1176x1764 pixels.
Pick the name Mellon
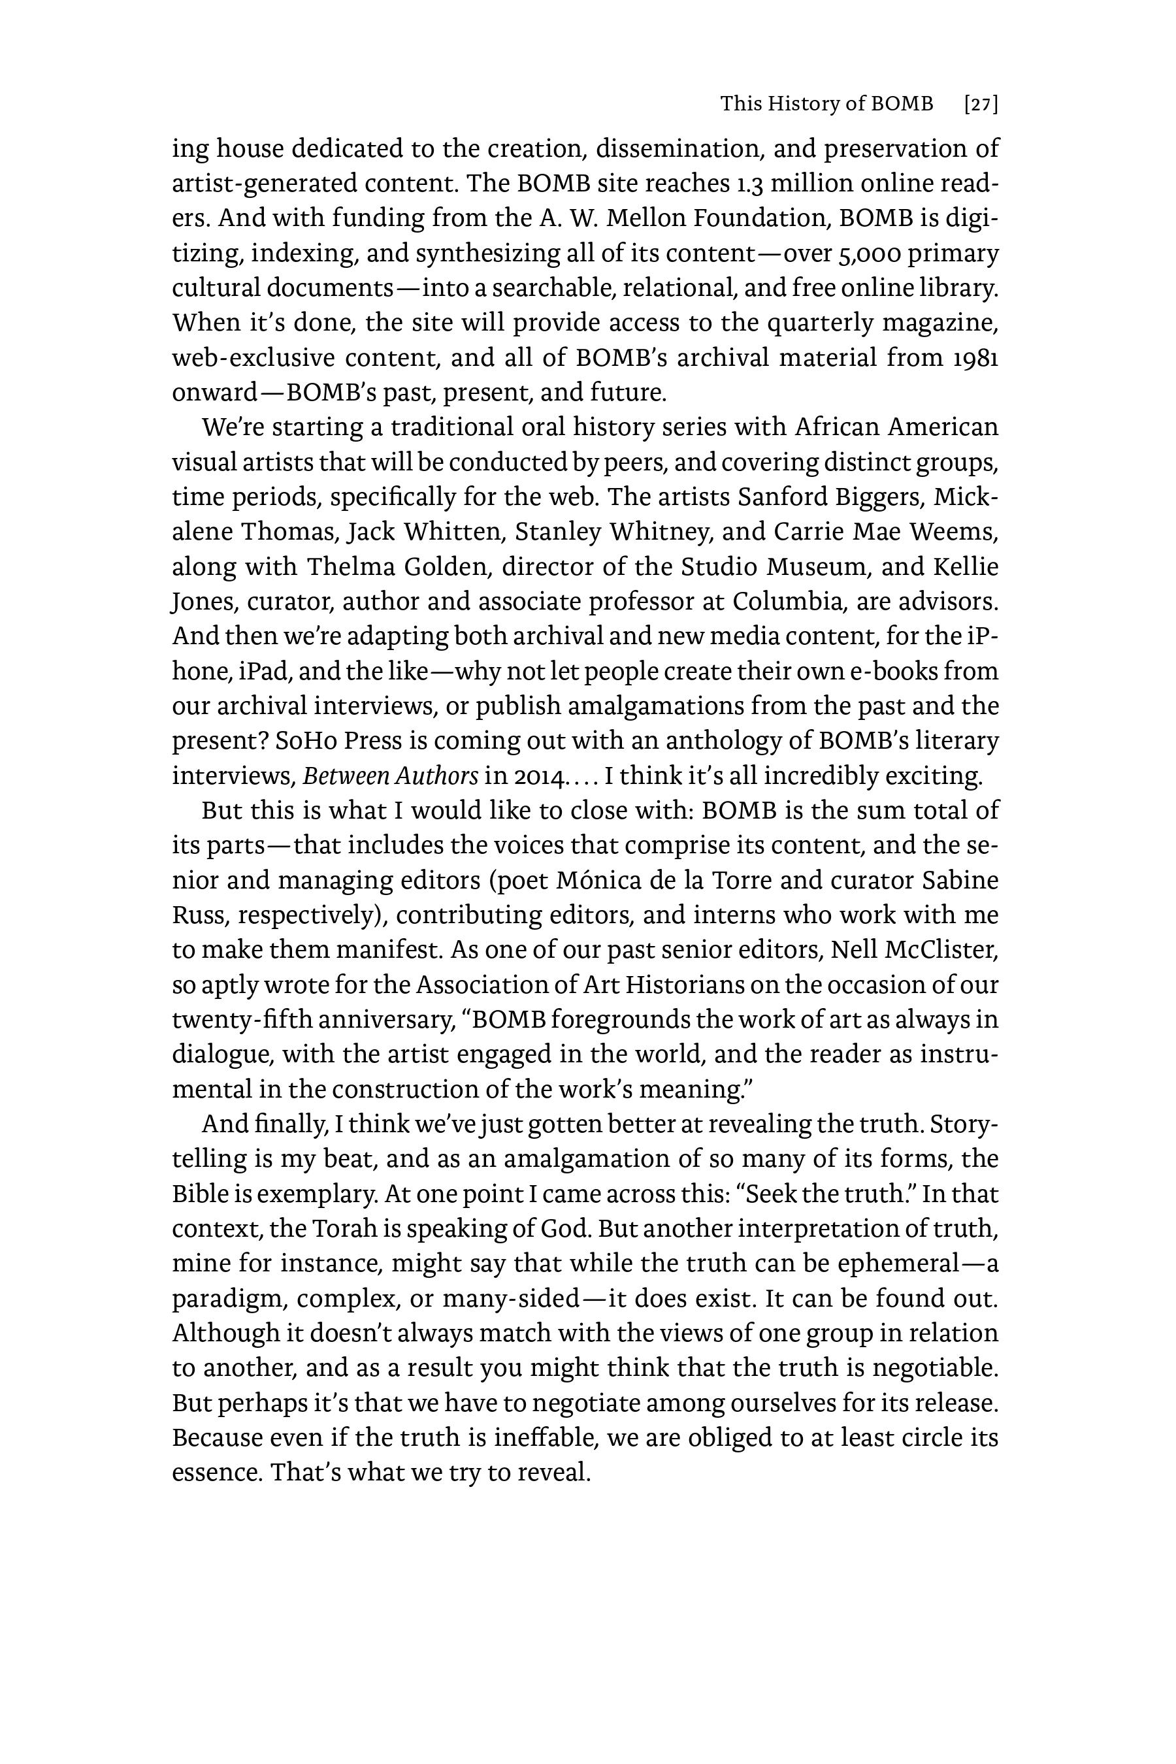644,218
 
